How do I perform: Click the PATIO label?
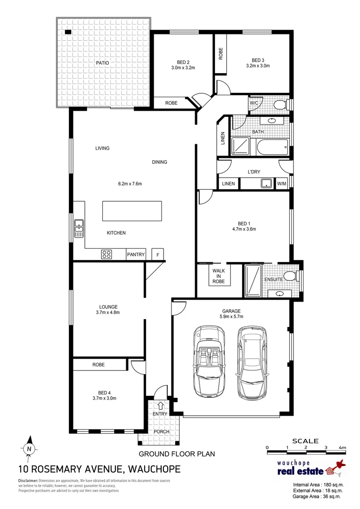(x=103, y=62)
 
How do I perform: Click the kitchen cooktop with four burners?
(x=106, y=254)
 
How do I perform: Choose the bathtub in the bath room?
(x=272, y=148)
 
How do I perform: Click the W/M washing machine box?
(x=282, y=183)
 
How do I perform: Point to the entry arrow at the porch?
(x=160, y=404)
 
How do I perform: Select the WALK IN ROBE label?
(x=218, y=276)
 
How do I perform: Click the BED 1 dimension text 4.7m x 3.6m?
(x=244, y=230)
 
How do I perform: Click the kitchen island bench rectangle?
(x=132, y=210)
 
